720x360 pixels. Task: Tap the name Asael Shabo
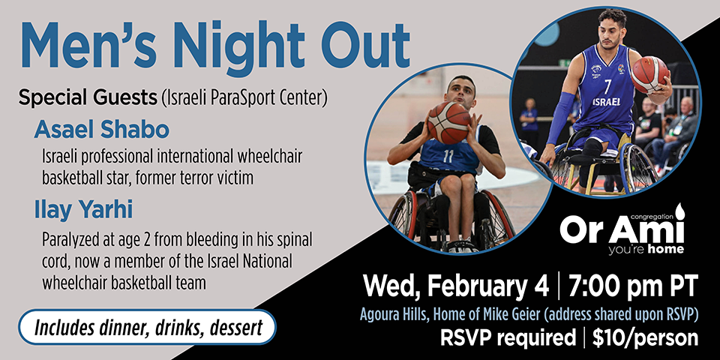coord(101,130)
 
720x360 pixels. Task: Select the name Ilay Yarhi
coord(83,211)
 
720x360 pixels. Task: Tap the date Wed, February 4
coord(454,286)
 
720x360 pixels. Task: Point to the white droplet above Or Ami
coord(679,211)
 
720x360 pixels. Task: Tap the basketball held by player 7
coord(649,73)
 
